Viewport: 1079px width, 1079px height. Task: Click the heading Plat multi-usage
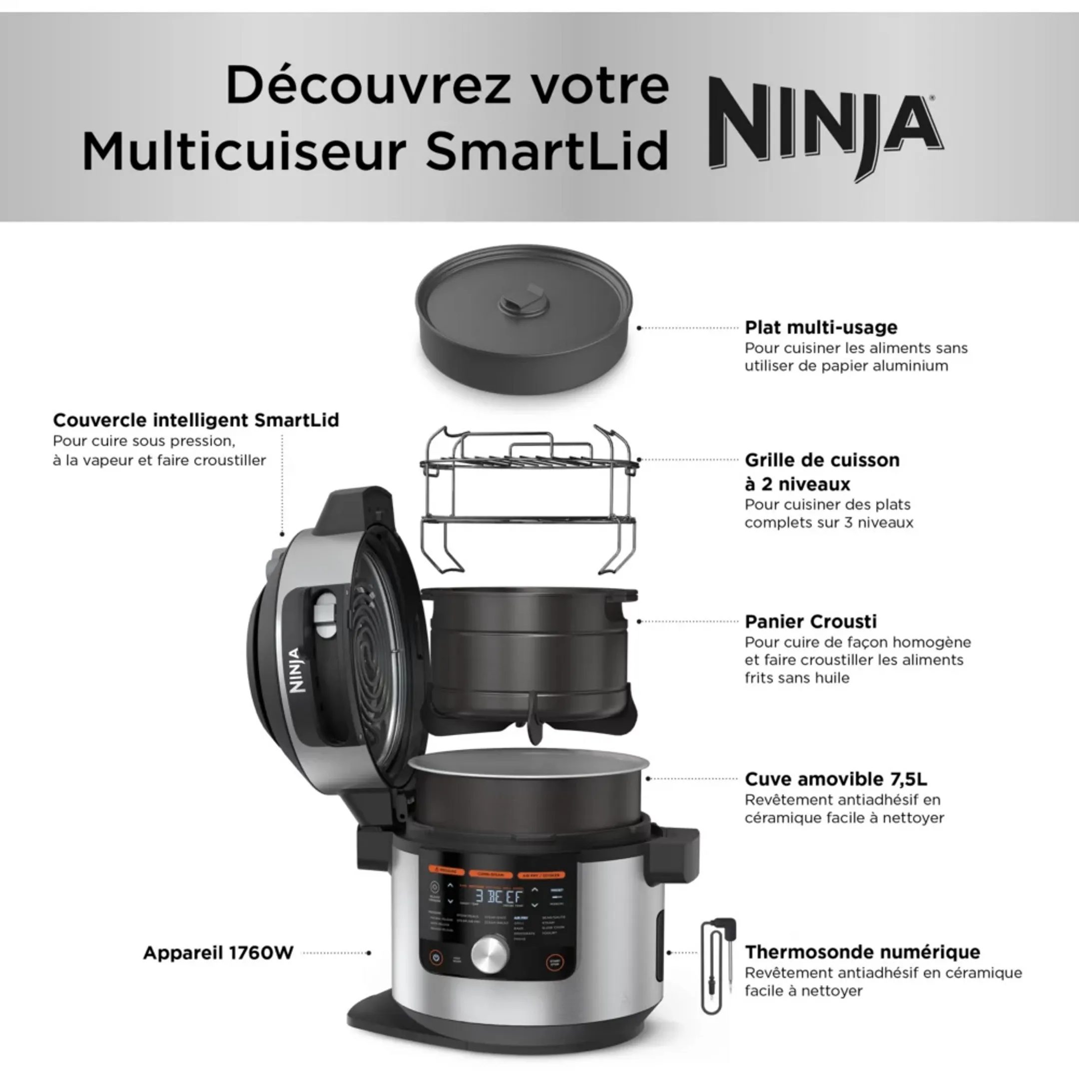click(821, 327)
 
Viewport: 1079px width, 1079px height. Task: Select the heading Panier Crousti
click(810, 621)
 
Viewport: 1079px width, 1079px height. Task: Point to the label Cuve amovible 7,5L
click(836, 779)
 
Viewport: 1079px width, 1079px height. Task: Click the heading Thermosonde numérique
click(862, 951)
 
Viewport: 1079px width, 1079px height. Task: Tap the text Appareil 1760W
click(218, 952)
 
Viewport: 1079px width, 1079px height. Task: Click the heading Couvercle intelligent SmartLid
click(195, 420)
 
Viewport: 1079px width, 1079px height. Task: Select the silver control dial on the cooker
click(490, 952)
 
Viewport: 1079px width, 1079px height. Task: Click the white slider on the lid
click(326, 614)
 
